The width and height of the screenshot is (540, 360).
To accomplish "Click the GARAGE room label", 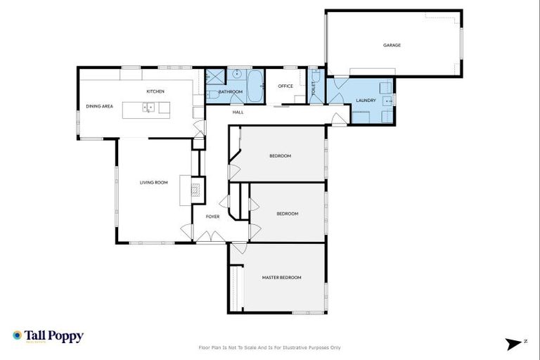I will click(392, 45).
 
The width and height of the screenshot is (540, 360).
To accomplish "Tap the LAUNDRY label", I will click(366, 101).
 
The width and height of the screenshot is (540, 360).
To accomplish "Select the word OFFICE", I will click(285, 86).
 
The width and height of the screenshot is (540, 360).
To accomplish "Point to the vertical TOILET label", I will click(314, 88).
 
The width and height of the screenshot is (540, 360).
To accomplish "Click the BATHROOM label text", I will click(230, 92).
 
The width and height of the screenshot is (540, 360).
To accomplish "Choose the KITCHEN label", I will click(155, 92).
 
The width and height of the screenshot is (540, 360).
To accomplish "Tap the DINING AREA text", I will click(99, 106).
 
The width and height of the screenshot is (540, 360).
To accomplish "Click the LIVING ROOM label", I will click(153, 183).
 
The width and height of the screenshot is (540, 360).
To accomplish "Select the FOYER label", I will click(212, 217).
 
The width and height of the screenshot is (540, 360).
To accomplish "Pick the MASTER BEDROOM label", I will click(281, 278).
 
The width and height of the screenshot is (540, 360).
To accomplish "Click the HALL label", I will click(238, 112).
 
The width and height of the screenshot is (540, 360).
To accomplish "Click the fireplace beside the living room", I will click(196, 189).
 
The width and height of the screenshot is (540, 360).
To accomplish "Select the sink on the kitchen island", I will click(149, 108).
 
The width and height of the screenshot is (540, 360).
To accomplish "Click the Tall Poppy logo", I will click(48, 336).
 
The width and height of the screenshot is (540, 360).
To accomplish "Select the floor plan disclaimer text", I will click(270, 347).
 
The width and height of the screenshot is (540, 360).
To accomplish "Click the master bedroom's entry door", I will click(240, 248).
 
